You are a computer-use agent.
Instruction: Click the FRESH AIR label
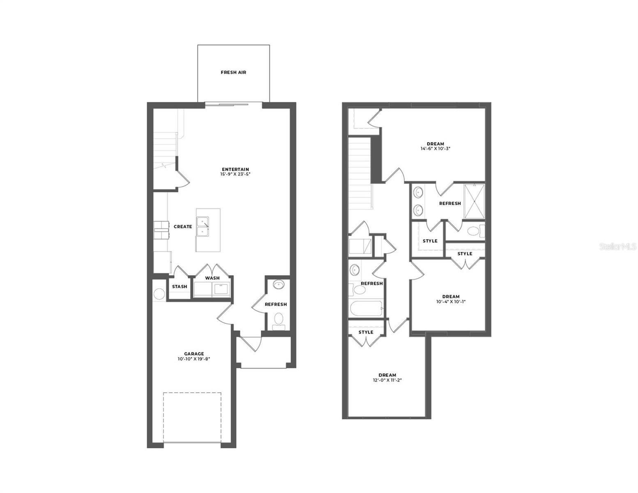233,72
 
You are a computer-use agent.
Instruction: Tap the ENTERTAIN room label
235,169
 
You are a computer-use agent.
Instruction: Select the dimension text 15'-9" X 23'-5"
235,175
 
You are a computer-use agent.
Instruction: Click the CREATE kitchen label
183,227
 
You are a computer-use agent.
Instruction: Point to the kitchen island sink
203,226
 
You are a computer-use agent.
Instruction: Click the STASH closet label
180,287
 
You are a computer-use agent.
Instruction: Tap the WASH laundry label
212,278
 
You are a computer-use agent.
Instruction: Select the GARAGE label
194,354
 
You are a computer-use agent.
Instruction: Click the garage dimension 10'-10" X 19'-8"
194,359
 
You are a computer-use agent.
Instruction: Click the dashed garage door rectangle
192,417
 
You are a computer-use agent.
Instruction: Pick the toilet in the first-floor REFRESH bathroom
279,319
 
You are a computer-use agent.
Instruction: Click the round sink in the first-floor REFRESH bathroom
279,285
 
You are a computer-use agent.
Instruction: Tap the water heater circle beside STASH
159,293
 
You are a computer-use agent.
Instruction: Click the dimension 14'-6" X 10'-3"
435,149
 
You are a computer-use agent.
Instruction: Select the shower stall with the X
474,201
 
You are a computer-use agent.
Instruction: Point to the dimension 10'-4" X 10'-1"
451,302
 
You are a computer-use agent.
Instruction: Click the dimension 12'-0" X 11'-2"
387,380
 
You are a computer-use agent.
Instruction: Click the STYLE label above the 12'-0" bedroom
366,332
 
